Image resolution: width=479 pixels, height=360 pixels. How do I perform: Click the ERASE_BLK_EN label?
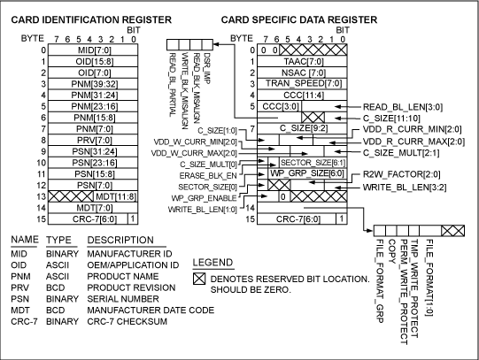(212, 176)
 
